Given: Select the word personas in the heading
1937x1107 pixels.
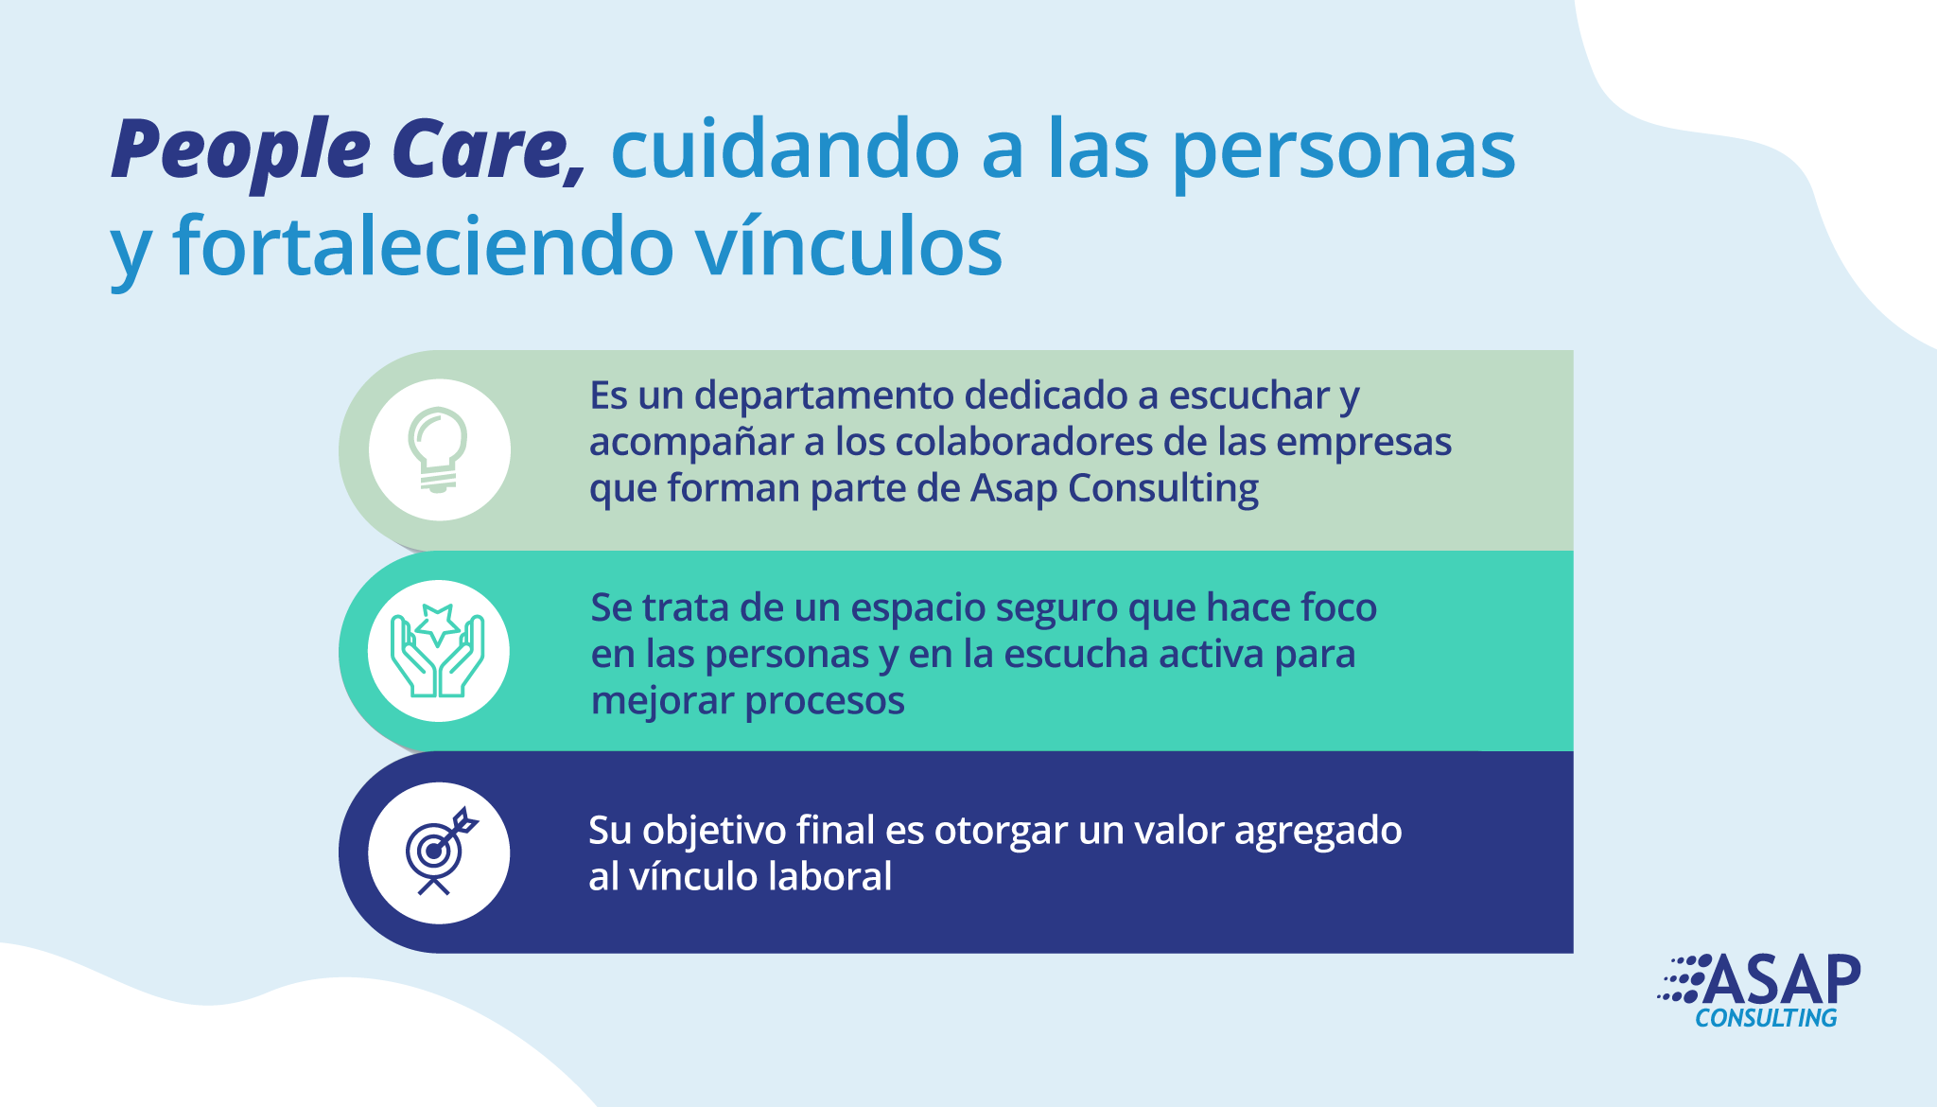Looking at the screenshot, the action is pos(1344,153).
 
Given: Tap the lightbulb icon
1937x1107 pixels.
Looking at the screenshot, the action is pos(438,449).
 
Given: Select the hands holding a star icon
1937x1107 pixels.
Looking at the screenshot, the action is pos(438,651).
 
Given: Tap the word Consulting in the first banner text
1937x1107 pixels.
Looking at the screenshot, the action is pos(1163,490).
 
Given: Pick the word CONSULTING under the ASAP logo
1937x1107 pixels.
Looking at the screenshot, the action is pos(1766,1018).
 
